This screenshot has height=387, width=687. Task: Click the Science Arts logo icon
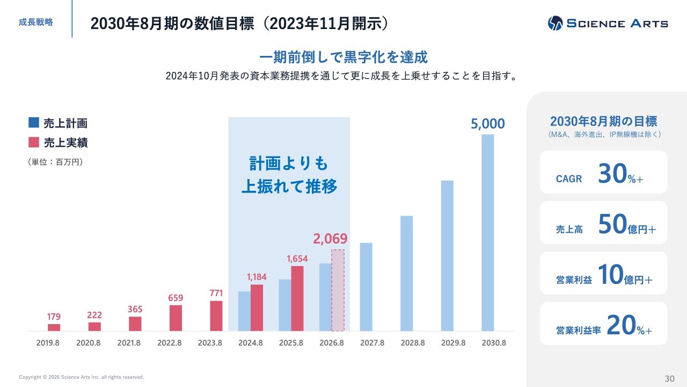click(x=555, y=23)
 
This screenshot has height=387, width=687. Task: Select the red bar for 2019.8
click(x=54, y=327)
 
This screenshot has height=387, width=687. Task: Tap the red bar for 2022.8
click(x=176, y=318)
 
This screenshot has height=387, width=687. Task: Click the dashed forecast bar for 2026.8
click(x=338, y=290)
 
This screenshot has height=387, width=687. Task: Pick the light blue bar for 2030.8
click(x=487, y=232)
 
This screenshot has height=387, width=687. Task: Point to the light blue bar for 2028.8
click(x=406, y=273)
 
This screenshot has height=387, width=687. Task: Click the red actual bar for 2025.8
click(x=297, y=298)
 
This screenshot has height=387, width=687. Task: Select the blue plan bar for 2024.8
click(x=244, y=311)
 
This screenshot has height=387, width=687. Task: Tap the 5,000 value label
click(x=487, y=124)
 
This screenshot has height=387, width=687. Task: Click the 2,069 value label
click(x=330, y=239)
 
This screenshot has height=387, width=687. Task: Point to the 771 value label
click(x=216, y=293)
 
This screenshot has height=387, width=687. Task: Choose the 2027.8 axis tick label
click(x=372, y=342)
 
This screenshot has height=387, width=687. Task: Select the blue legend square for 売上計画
click(x=34, y=123)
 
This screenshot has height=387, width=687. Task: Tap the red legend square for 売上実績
click(x=34, y=142)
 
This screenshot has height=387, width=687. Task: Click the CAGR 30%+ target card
click(x=603, y=173)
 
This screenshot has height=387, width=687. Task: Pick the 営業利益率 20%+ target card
click(x=603, y=324)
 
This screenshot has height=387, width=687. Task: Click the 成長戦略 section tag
click(x=35, y=23)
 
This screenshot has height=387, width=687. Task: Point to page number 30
click(x=669, y=378)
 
